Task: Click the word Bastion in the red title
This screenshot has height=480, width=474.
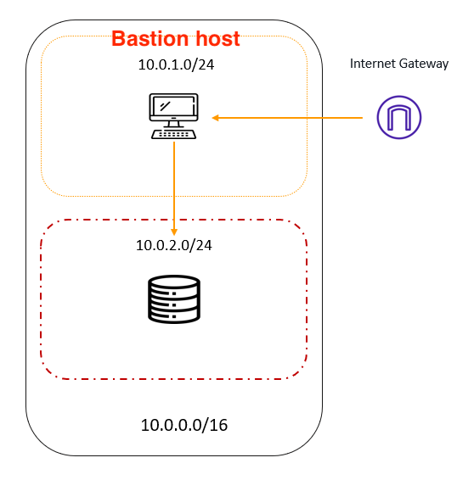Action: click(150, 39)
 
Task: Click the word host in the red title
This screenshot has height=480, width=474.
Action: click(217, 39)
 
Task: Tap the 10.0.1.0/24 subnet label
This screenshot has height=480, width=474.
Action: click(176, 64)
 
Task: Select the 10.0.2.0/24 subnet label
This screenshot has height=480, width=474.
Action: click(174, 245)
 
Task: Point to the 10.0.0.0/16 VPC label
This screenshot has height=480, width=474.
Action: click(184, 425)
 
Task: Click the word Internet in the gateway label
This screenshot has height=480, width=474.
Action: click(373, 64)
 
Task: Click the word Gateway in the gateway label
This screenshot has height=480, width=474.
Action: click(424, 64)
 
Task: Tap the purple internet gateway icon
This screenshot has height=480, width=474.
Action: click(399, 118)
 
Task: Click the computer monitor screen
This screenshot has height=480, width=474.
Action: click(173, 107)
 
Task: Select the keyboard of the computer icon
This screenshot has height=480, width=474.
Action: click(173, 134)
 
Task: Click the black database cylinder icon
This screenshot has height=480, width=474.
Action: click(174, 299)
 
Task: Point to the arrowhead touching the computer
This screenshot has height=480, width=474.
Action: click(215, 118)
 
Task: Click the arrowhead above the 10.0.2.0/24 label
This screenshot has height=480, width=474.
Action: click(174, 232)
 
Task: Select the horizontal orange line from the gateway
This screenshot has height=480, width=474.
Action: click(287, 118)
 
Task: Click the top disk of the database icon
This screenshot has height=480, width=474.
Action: click(174, 282)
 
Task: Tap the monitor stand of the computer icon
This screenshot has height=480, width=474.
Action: click(173, 125)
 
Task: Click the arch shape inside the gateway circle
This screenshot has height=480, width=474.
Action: click(399, 118)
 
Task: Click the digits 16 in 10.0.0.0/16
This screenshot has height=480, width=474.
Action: click(218, 425)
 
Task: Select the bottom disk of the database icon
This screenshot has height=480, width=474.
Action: click(174, 317)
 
